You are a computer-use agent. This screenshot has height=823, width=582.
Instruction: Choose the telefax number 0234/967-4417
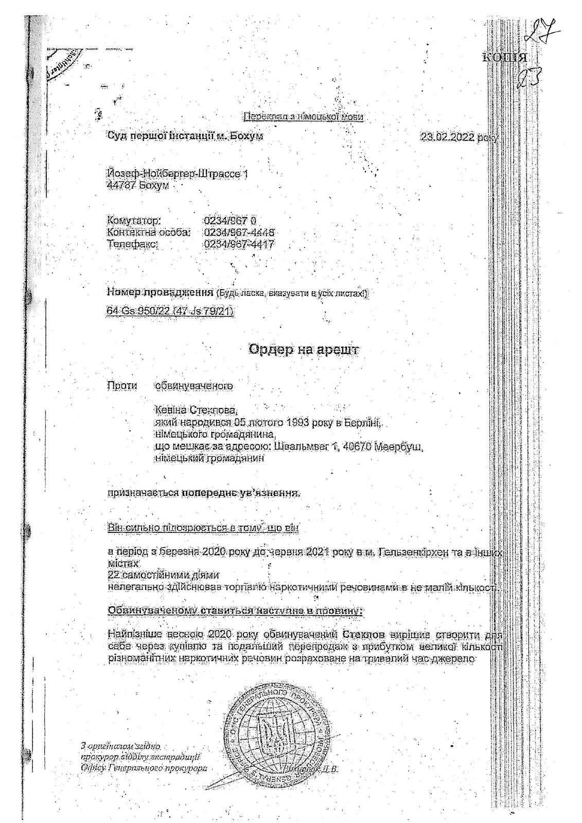click(x=239, y=244)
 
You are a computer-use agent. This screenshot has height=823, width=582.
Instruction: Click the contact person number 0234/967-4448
click(x=239, y=233)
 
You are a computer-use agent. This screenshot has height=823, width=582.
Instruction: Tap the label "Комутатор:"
click(x=134, y=221)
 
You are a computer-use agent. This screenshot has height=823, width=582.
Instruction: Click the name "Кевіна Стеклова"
click(x=196, y=410)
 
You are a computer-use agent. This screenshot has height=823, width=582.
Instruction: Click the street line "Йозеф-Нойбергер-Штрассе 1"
click(x=178, y=174)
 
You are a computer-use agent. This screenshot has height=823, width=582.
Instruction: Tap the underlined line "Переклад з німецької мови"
click(x=303, y=117)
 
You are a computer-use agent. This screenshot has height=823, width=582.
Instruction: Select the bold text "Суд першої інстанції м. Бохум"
click(x=185, y=136)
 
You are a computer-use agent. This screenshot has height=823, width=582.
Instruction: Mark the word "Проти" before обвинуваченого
click(x=122, y=385)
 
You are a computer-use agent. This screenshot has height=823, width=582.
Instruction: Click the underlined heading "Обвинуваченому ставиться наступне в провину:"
click(x=236, y=611)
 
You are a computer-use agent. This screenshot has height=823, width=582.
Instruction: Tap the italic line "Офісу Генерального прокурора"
click(x=140, y=768)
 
